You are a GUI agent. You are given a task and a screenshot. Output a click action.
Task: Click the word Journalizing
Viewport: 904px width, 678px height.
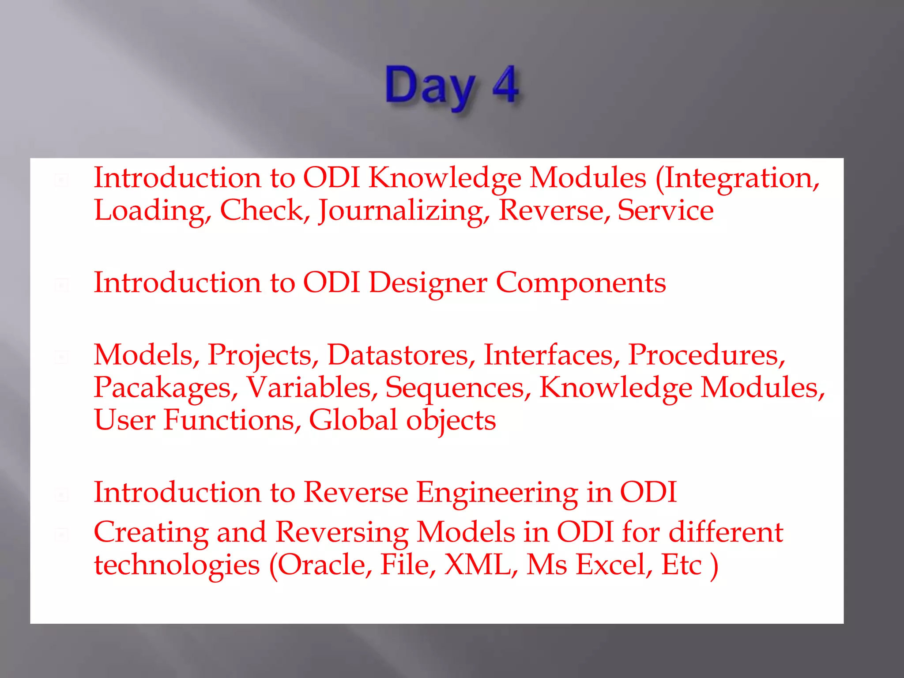pyautogui.click(x=403, y=211)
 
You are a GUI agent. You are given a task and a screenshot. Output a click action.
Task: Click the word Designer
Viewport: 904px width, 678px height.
pyautogui.click(x=428, y=282)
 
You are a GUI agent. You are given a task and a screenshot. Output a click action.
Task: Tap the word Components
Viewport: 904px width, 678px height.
pyautogui.click(x=580, y=282)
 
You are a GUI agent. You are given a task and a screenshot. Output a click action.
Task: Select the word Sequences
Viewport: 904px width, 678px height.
pyautogui.click(x=458, y=388)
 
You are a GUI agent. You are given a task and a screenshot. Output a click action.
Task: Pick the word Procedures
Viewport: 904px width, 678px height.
pyautogui.click(x=706, y=355)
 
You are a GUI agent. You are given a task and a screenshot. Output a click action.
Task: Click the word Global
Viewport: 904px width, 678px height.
pyautogui.click(x=353, y=420)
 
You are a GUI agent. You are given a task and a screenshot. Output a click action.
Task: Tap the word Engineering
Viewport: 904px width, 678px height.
pyautogui.click(x=497, y=492)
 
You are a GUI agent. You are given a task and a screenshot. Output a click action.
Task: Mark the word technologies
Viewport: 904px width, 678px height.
pyautogui.click(x=177, y=565)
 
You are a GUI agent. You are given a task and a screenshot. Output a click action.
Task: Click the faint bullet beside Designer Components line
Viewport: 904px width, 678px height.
pyautogui.click(x=62, y=285)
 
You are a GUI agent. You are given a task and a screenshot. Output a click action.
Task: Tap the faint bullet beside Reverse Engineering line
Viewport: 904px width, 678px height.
pyautogui.click(x=62, y=495)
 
